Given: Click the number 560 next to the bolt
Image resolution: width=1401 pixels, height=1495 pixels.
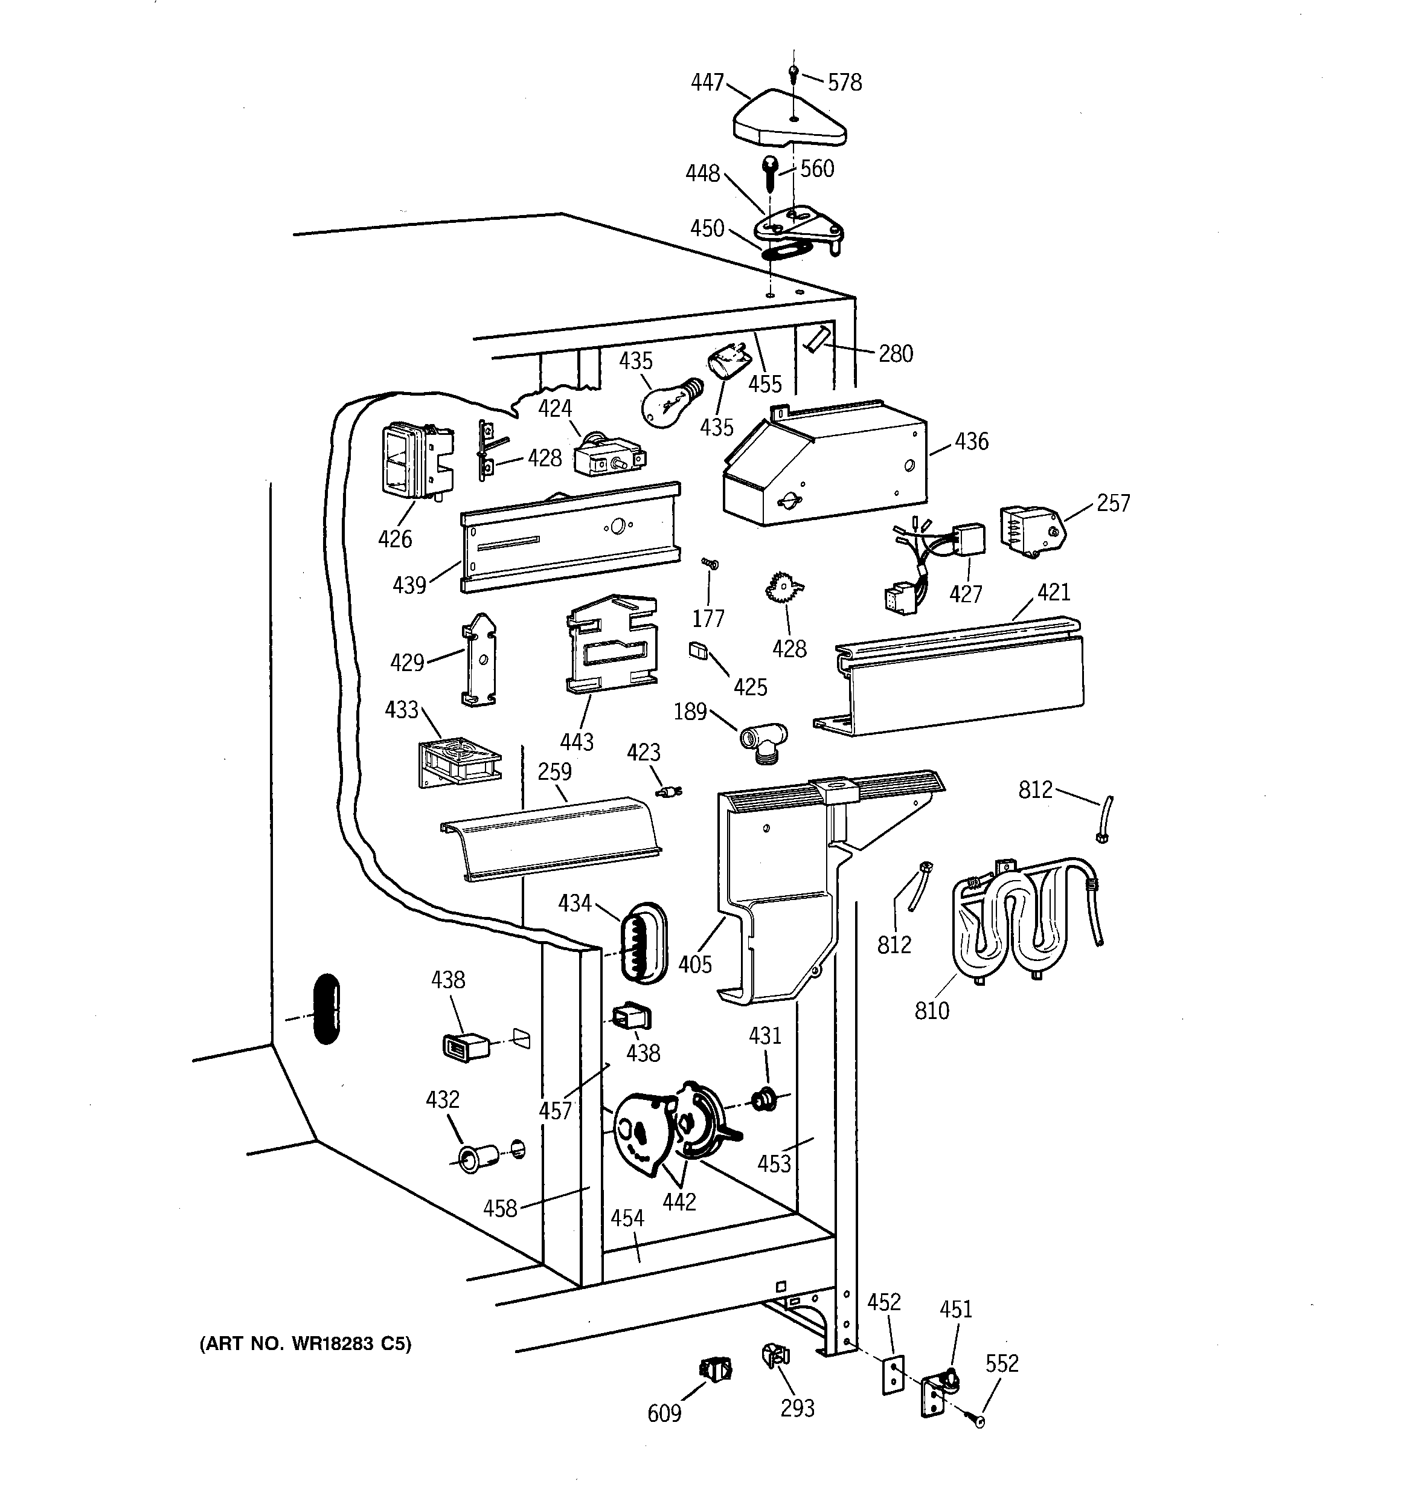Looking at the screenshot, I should pyautogui.click(x=816, y=169).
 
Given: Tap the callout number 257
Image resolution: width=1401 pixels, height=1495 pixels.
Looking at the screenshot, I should pyautogui.click(x=1113, y=503).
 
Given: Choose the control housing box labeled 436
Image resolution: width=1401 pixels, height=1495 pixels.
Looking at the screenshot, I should pyautogui.click(x=824, y=466).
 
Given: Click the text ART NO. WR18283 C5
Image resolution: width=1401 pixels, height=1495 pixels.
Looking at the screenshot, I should pyautogui.click(x=306, y=1344).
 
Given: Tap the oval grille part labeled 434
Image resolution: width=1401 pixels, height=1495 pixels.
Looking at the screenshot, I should pyautogui.click(x=643, y=943).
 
